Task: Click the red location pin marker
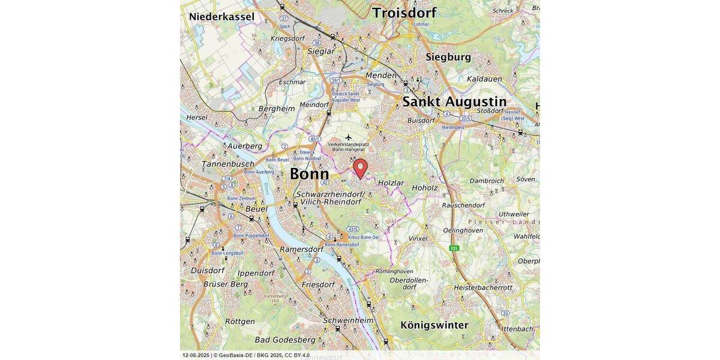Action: (360, 167)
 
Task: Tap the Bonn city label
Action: (309, 174)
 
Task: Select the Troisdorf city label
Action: (404, 13)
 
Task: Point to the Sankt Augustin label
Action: (454, 101)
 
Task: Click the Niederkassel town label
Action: (221, 17)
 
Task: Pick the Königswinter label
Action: (434, 325)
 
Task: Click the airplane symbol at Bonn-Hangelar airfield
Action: (348, 137)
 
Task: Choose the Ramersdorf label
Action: (301, 249)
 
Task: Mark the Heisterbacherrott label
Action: (483, 287)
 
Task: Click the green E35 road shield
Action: (455, 248)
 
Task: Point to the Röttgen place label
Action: (240, 322)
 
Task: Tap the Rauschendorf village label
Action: (463, 205)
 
